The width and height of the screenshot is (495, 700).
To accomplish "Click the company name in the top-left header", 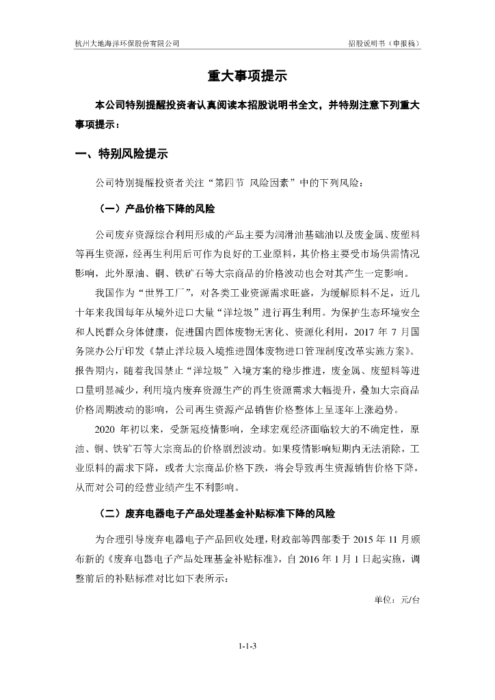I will tap(127, 42).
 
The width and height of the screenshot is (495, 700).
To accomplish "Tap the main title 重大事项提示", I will tap(247, 76).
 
